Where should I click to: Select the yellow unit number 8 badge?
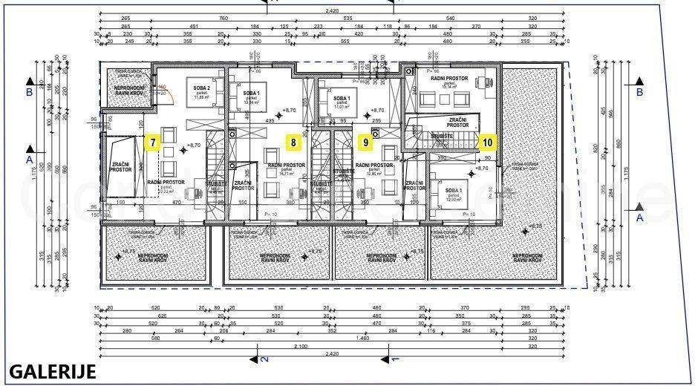tap(294, 141)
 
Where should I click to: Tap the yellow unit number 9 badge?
tap(365, 141)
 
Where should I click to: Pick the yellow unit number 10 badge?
tap(487, 140)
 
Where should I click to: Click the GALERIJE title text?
tap(53, 372)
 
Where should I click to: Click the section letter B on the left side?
tap(29, 93)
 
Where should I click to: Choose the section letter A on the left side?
tap(29, 160)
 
